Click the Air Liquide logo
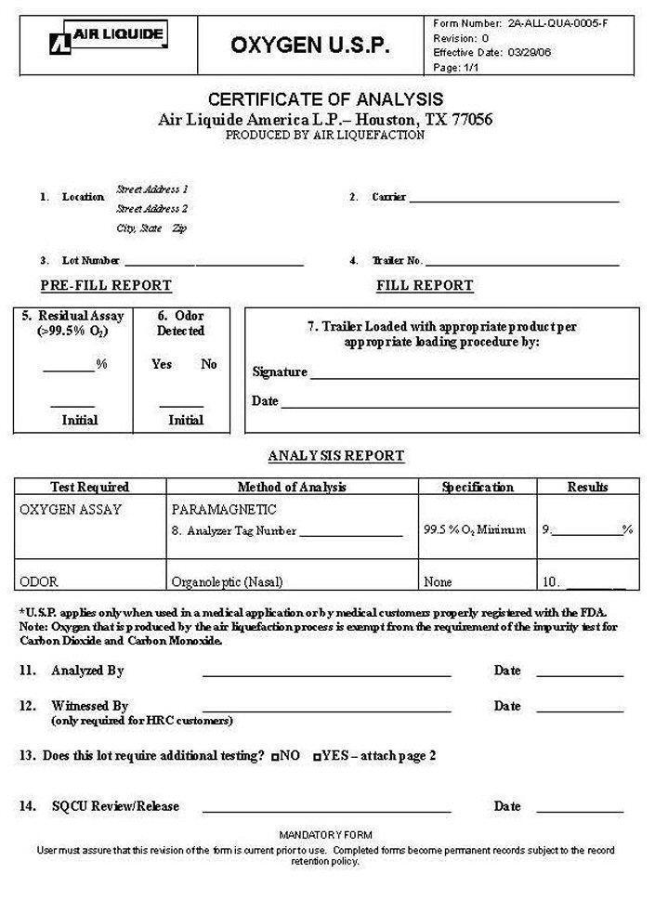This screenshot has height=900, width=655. pos(109,38)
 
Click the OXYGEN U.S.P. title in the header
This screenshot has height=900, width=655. pos(310,46)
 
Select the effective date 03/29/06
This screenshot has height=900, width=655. pos(530,53)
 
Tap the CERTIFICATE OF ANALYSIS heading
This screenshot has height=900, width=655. pos(325,99)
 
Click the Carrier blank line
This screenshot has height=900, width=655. pos(514,200)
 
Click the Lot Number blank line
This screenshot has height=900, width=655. pos(214,264)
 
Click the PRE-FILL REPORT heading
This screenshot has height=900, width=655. pos(106,285)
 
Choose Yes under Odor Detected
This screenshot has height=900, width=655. pos(162,364)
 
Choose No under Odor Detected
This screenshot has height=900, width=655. pos(209,364)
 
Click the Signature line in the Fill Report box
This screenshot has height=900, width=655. pos(474,375)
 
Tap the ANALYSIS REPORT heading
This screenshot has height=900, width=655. pos(336,456)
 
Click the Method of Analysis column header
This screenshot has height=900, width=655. pos(292,487)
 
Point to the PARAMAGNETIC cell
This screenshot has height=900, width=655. pos(224,510)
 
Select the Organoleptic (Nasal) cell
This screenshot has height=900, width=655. pos(227,582)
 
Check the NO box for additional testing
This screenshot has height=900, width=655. pos(276,757)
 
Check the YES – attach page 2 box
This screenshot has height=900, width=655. pos(318,757)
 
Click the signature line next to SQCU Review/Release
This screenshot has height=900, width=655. pos(327,810)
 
